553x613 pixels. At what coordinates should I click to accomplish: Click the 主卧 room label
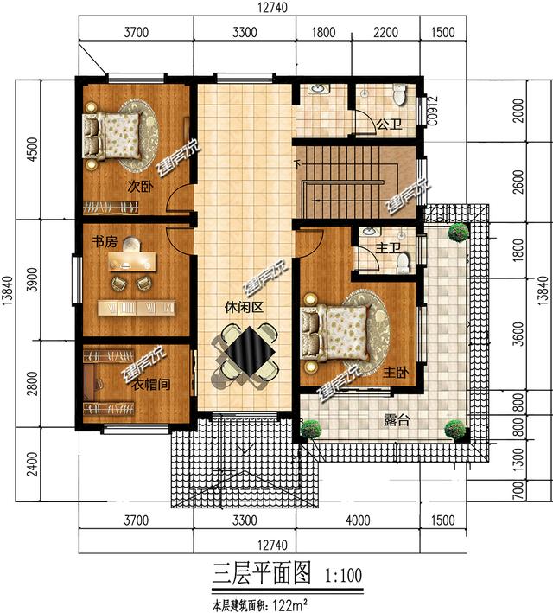pos(394,372)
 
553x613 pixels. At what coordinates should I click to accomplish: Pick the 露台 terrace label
pos(397,420)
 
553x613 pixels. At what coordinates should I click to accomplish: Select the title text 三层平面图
pos(256,573)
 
